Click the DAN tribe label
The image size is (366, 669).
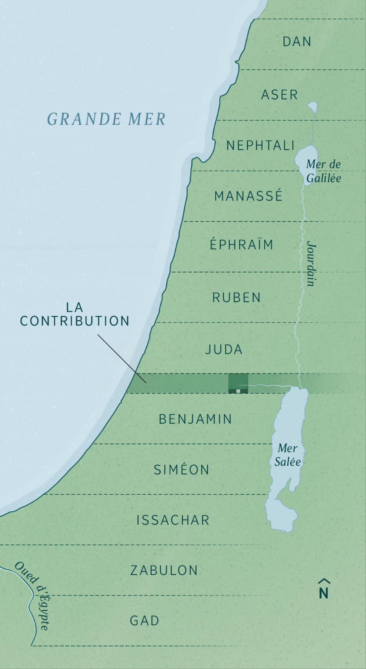click(297, 42)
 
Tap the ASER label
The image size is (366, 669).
click(279, 95)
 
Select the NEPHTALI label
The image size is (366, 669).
click(260, 146)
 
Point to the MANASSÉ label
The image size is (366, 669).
click(248, 196)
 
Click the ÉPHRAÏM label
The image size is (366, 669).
click(242, 245)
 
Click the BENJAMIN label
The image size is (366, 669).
click(196, 419)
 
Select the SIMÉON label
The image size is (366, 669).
click(181, 470)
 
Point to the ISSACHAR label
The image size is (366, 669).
click(173, 520)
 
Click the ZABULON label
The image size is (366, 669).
click(164, 570)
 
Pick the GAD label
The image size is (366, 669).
click(145, 621)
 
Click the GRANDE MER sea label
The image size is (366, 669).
click(106, 119)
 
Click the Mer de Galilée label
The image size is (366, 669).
click(323, 171)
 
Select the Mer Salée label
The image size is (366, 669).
click(287, 455)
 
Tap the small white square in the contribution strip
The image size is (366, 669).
click(238, 391)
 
